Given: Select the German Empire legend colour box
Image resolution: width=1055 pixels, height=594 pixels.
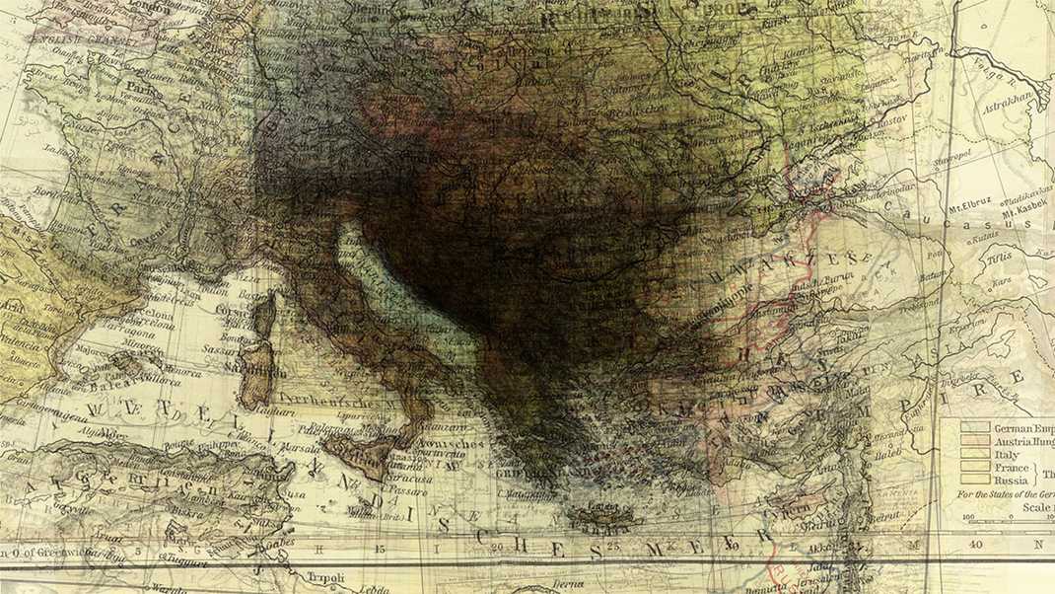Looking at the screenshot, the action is [x=976, y=428].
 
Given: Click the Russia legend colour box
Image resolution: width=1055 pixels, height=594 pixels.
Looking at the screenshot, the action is [x=976, y=481].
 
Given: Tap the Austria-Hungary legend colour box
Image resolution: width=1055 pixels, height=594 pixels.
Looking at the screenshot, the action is [x=976, y=442].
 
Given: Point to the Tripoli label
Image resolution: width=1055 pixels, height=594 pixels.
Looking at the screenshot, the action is [x=325, y=576].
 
